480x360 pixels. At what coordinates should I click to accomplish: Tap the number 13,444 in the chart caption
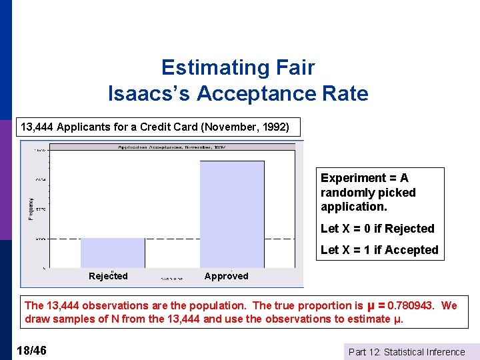click(37, 127)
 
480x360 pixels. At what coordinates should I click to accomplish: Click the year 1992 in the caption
click(271, 127)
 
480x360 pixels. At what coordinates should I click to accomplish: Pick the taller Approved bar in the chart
click(231, 213)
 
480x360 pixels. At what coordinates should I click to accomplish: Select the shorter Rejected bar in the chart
click(112, 253)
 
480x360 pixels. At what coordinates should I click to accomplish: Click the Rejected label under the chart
click(108, 276)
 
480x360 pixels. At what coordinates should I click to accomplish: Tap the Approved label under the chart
click(226, 276)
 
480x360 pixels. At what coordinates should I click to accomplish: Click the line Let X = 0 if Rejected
click(377, 229)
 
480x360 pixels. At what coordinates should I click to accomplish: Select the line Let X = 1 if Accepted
click(379, 250)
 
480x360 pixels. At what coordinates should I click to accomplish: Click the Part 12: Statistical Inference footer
click(407, 352)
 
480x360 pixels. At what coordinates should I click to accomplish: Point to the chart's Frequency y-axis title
click(30, 207)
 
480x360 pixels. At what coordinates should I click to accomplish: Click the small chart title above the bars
click(171, 146)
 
